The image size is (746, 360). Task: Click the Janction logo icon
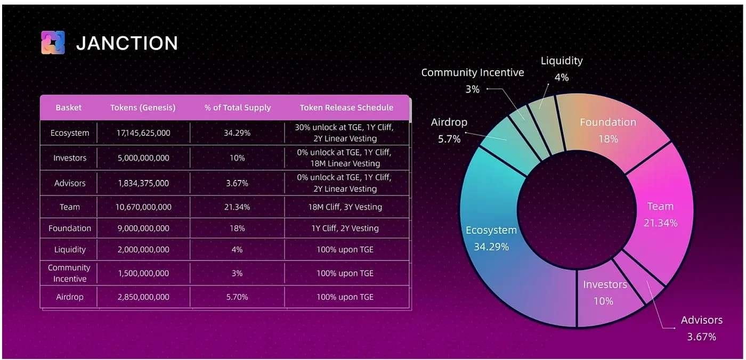pyautogui.click(x=53, y=43)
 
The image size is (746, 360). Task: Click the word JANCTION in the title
pyautogui.click(x=127, y=43)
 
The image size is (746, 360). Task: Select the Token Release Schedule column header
pyautogui.click(x=346, y=108)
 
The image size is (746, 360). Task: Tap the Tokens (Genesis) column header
pyautogui.click(x=143, y=108)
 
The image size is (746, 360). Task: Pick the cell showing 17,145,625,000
pyautogui.click(x=143, y=133)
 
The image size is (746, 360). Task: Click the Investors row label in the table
pyautogui.click(x=69, y=158)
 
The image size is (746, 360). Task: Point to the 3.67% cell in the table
pyautogui.click(x=237, y=183)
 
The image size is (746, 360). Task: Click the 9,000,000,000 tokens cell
pyautogui.click(x=143, y=228)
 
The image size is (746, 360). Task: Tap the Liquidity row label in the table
pyautogui.click(x=69, y=249)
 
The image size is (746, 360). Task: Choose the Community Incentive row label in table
pyautogui.click(x=69, y=273)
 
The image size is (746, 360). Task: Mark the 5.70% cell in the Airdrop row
pyautogui.click(x=237, y=297)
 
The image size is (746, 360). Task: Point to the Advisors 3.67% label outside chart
pyautogui.click(x=701, y=328)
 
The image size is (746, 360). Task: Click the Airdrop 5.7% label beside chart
pyautogui.click(x=449, y=130)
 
